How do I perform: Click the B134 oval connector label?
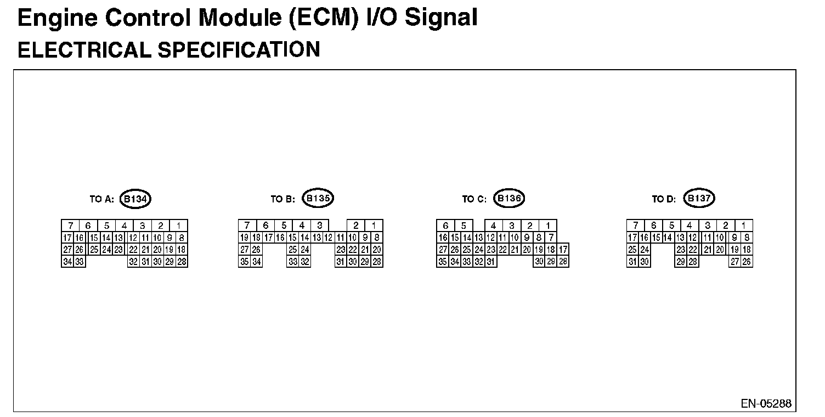point(135,199)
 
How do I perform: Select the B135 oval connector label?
point(318,199)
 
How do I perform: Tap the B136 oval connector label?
point(509,199)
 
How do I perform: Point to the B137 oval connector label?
point(699,199)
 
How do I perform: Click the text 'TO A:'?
point(101,200)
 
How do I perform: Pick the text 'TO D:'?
point(664,200)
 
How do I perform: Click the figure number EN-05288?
point(766,404)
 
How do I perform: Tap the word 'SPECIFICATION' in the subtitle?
point(239,50)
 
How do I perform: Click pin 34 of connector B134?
point(67,262)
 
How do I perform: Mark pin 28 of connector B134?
point(182,262)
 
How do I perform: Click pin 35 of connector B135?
point(245,262)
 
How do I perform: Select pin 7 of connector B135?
point(247,226)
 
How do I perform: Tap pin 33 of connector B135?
point(292,262)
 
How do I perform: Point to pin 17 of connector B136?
point(563,250)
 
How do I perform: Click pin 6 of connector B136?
point(445,226)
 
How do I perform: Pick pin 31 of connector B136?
point(490,262)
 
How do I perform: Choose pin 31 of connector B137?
point(632,262)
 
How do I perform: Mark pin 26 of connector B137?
point(747,262)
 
